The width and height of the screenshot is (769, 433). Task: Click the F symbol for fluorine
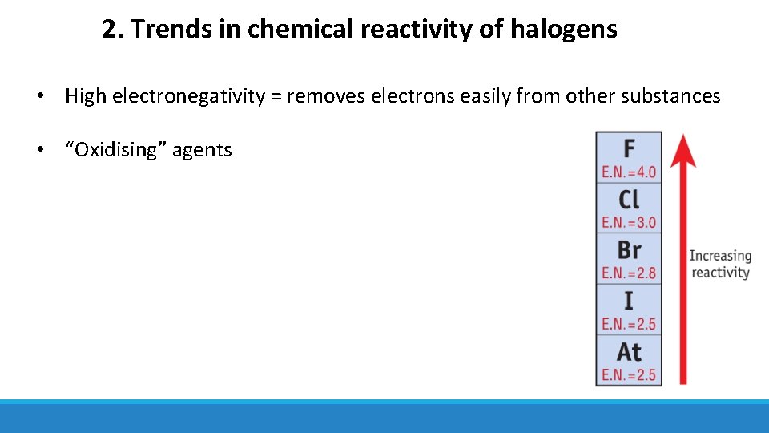pos(629,149)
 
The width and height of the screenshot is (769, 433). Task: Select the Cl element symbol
pos(629,199)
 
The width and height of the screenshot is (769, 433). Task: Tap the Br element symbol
pos(629,249)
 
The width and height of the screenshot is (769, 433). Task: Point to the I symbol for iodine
pos(629,301)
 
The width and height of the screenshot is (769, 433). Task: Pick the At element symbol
pos(629,351)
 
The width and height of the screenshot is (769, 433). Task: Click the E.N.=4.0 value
pos(629,172)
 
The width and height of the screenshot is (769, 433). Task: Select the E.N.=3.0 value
pos(629,222)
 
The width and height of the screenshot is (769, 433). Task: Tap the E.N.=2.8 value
pos(629,273)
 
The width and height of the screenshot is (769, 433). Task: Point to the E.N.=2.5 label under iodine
pos(629,324)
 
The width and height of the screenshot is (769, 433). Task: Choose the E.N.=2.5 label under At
pos(629,374)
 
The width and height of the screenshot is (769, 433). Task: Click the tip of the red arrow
pos(682,136)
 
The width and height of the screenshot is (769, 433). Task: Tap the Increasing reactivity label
pos(720,264)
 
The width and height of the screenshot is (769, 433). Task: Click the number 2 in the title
pos(109,30)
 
